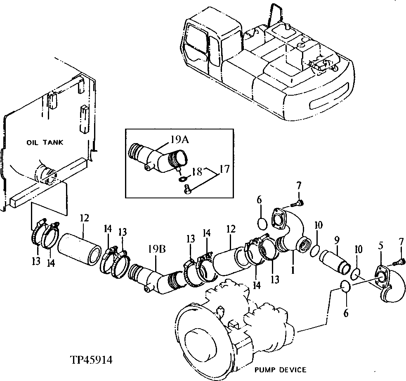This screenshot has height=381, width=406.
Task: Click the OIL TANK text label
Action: point(45,143)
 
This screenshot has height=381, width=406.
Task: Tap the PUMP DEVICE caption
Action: point(281,369)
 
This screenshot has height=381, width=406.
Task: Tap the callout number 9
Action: point(337,239)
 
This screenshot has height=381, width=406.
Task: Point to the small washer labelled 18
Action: point(182,179)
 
